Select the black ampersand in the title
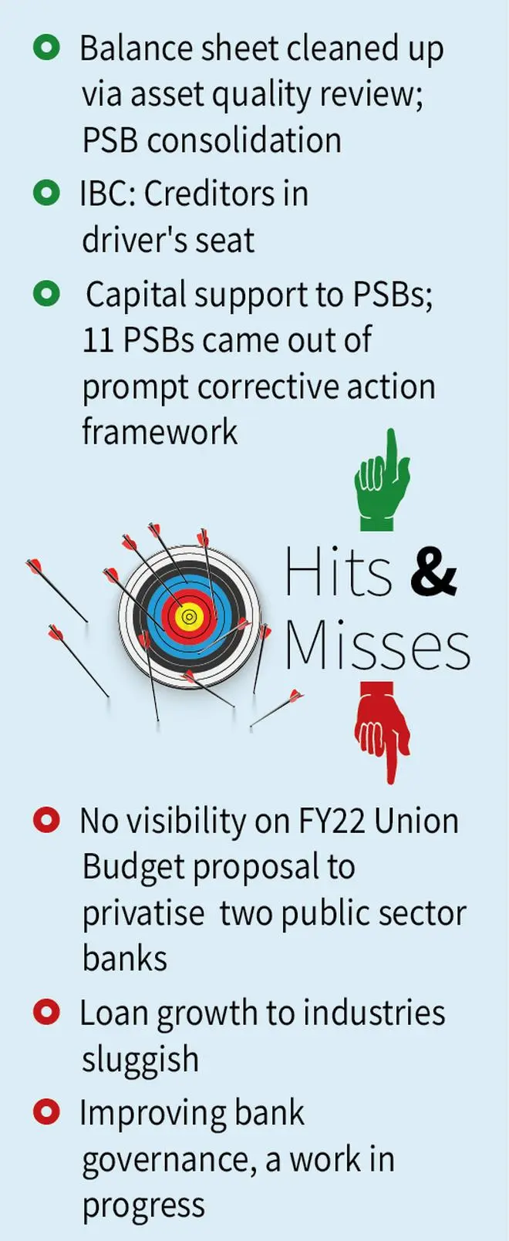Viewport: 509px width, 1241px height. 433,572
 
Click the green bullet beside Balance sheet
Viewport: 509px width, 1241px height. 47,49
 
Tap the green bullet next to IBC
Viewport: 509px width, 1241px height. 47,193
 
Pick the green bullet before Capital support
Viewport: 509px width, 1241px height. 47,294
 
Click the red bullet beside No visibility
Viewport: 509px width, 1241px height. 47,820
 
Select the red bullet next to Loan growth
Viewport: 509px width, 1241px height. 47,1012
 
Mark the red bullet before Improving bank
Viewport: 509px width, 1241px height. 47,1112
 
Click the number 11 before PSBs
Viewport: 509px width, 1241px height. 98,340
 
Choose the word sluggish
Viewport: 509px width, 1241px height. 140,1060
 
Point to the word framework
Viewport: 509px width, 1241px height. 160,432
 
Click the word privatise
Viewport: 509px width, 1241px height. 143,914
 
